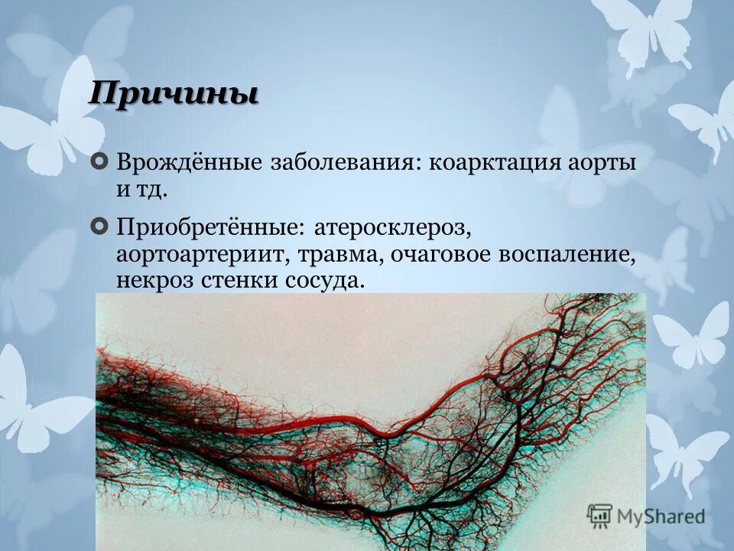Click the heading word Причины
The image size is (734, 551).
coord(173,95)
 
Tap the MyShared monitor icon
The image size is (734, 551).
coord(600,516)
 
